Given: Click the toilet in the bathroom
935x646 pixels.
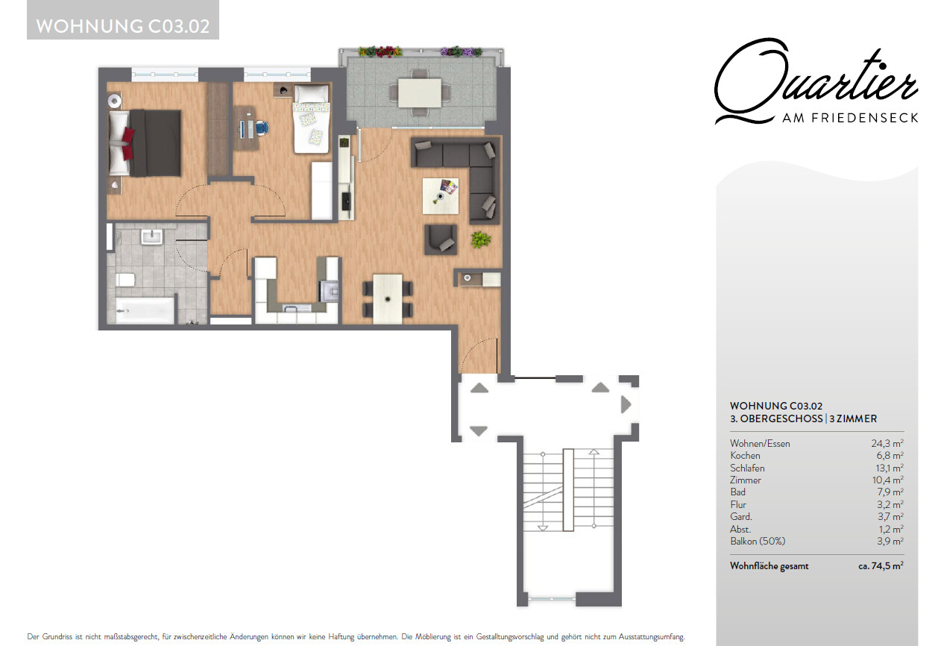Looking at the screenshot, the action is click(125, 280).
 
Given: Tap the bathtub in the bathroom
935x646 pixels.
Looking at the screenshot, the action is click(145, 310).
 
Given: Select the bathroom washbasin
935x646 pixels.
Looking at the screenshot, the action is click(151, 236).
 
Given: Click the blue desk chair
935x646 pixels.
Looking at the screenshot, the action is click(262, 128).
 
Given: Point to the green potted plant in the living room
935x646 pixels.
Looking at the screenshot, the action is click(481, 239).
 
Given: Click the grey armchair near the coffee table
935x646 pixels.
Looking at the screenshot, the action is click(441, 239).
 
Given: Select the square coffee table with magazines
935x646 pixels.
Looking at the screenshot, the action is click(441, 196).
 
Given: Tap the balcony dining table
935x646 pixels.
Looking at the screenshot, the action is click(420, 92).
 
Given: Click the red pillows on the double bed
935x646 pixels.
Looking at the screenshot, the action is click(128, 143).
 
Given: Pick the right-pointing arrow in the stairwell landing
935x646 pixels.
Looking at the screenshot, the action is click(626, 404).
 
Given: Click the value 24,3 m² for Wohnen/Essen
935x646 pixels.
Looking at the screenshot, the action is click(887, 443).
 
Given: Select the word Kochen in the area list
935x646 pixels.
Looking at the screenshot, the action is click(745, 455).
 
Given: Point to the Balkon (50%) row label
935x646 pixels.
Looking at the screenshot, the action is click(758, 541).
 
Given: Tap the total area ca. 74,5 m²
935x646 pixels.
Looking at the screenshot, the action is click(881, 566).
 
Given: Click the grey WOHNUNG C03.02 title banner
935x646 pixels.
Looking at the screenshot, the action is click(123, 19).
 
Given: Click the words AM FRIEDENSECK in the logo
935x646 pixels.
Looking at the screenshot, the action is click(850, 118).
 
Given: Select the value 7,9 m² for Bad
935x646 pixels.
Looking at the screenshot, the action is click(890, 492).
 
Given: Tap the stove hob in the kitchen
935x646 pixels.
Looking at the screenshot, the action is click(330, 291).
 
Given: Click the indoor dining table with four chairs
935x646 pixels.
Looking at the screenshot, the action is click(388, 299).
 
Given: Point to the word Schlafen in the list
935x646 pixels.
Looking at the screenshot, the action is click(747, 468).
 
